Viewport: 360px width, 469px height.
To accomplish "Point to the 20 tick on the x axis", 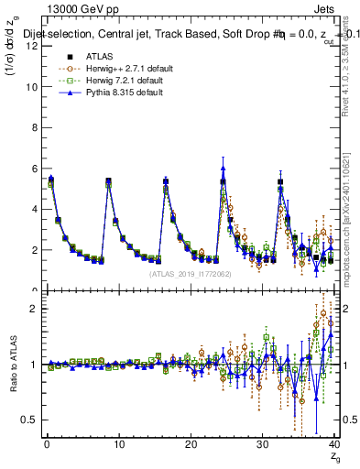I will point(191,446).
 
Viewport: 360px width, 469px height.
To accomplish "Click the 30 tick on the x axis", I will point(263,446).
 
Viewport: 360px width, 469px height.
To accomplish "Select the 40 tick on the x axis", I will point(333,446).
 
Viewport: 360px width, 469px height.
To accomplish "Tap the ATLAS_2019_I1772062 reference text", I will point(191,273).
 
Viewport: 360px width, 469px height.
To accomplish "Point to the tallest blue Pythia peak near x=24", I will point(223,168).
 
